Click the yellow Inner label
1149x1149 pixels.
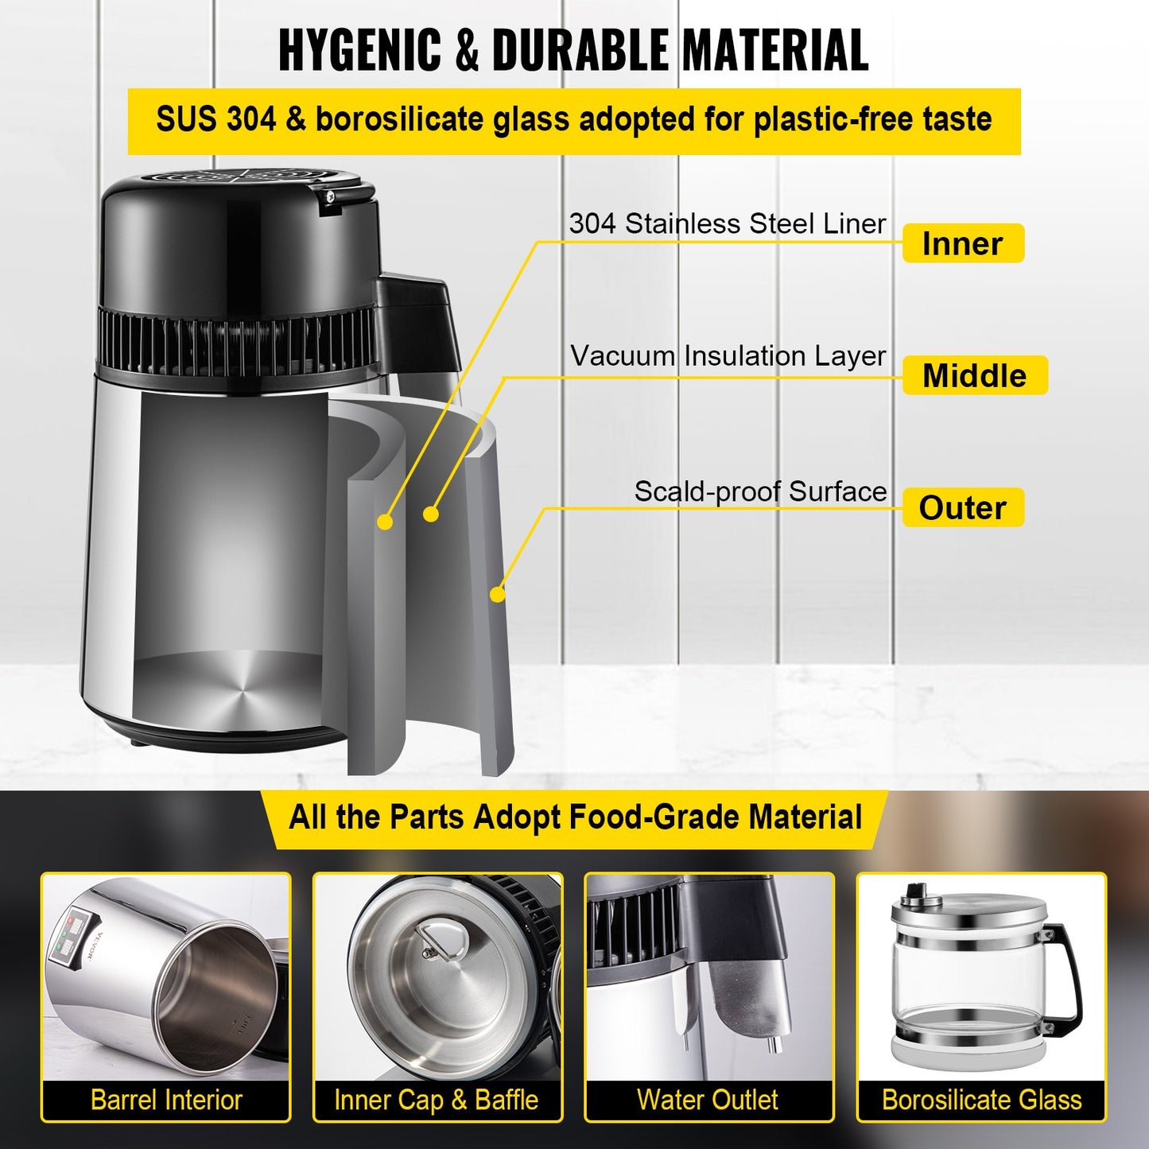pyautogui.click(x=962, y=243)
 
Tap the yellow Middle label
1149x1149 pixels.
pyautogui.click(x=974, y=375)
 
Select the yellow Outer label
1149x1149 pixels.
pyautogui.click(x=962, y=507)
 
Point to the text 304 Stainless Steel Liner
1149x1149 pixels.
pyautogui.click(x=727, y=224)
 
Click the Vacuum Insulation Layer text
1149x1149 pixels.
pyautogui.click(x=728, y=356)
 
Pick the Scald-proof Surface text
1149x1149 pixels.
pyautogui.click(x=760, y=491)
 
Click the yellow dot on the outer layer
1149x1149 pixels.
pyautogui.click(x=497, y=594)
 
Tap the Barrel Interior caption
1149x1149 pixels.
pyautogui.click(x=166, y=1100)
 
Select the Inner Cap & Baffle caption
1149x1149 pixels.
pyautogui.click(x=437, y=1100)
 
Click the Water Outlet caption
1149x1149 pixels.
pyautogui.click(x=708, y=1100)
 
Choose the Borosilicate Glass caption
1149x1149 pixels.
pyautogui.click(x=981, y=1100)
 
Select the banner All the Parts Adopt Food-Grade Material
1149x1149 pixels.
pyautogui.click(x=575, y=818)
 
